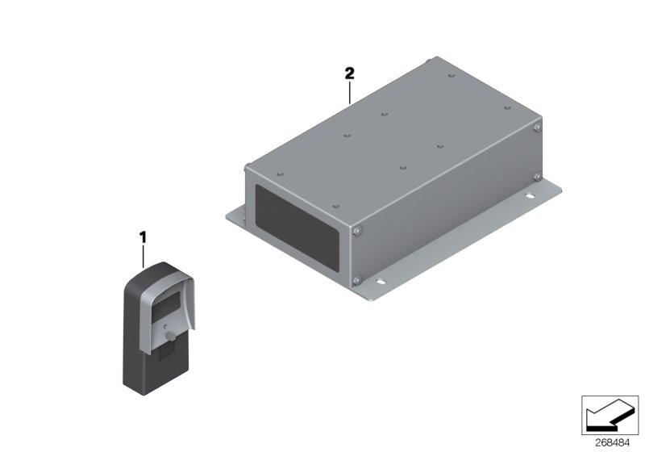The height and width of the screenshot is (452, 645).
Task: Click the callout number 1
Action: pos(143,237)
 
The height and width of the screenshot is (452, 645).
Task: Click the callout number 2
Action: pos(349,73)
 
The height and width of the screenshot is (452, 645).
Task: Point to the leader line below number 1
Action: pos(144,256)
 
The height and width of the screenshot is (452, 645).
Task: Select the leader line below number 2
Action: pos(350,93)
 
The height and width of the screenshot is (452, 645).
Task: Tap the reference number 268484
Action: pos(612,443)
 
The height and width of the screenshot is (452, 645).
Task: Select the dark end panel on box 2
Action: pos(297,228)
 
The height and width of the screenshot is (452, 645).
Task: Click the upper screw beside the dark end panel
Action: pos(356,232)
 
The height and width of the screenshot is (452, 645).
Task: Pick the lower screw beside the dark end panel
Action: pos(356,280)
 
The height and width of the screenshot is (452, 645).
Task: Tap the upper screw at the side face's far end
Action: pos(537,128)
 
